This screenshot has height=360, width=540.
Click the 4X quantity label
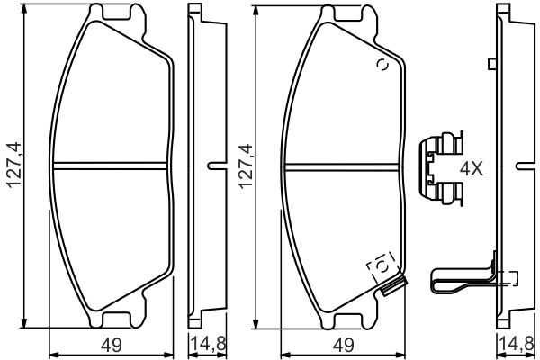pos(474,168)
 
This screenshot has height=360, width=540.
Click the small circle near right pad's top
pos(381,65)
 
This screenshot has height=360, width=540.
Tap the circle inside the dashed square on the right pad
pos(381,265)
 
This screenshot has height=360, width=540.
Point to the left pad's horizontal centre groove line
pos(112,165)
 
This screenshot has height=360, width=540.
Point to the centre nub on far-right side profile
pos(523,165)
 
